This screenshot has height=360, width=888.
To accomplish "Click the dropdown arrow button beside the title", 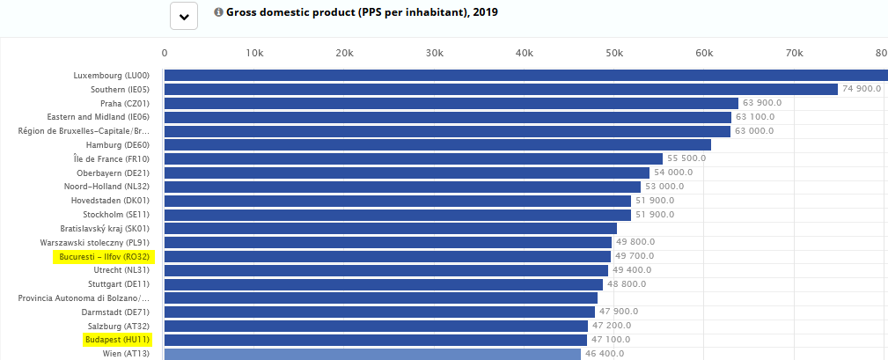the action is click(184, 16).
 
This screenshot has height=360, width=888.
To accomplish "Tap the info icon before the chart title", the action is click(218, 12).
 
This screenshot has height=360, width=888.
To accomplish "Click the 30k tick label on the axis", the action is click(435, 53).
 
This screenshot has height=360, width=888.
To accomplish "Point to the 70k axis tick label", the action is click(794, 53).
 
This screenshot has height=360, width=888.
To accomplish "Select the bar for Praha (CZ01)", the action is click(451, 103).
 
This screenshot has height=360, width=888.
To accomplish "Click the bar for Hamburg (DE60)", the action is click(437, 145).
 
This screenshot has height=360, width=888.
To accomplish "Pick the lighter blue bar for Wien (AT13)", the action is click(372, 354).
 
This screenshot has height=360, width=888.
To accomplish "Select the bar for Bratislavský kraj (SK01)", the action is click(391, 228).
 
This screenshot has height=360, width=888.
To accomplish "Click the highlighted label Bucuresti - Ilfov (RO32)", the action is click(104, 256).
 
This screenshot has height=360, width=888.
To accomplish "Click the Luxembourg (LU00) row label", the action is click(112, 76).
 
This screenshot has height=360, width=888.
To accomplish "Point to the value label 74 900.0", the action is click(862, 89).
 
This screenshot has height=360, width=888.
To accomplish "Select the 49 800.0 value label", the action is click(635, 242).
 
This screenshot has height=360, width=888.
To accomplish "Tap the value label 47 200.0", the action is click(612, 326).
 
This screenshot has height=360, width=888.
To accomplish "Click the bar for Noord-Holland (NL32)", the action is click(403, 187).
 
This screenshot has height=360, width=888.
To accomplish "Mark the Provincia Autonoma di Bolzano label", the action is click(84, 298).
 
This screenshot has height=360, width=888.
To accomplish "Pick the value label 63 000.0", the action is click(754, 131).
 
